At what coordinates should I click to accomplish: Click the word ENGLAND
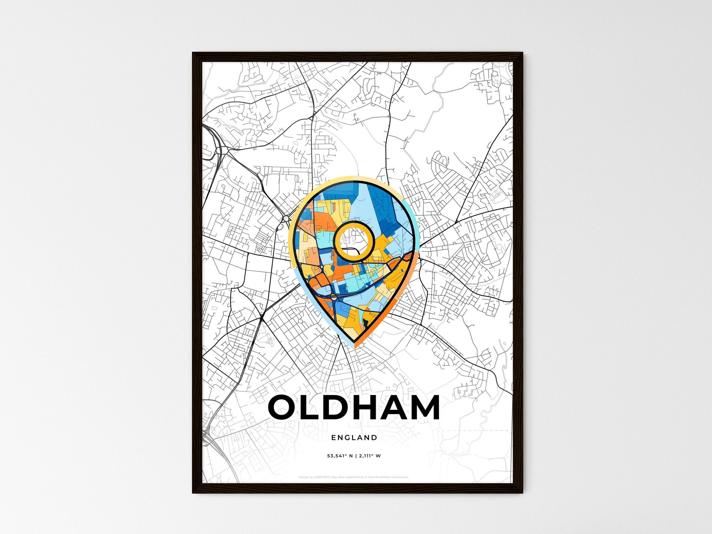tap(354, 437)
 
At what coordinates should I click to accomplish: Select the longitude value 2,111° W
tap(370, 456)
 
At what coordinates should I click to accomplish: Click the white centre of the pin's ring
tap(354, 240)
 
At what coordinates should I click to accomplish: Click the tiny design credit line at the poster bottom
tap(353, 477)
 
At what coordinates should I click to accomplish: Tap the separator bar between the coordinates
tap(356, 456)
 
